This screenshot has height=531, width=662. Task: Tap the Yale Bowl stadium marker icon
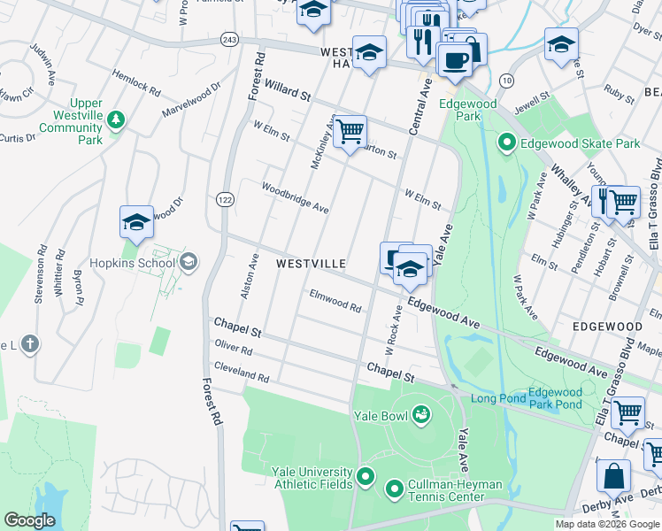pos(422,413)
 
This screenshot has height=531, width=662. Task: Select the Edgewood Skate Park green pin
pos(506,142)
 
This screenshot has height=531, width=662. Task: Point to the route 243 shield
pos(229,40)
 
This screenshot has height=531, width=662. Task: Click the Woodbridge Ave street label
pos(295,197)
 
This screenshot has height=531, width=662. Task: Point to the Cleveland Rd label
pos(241,371)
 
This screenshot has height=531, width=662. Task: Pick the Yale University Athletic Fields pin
pos(366,480)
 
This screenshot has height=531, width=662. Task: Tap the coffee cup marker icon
pos(454,59)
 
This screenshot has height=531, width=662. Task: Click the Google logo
pos(30,520)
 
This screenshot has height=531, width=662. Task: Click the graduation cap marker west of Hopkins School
pos(137,222)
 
